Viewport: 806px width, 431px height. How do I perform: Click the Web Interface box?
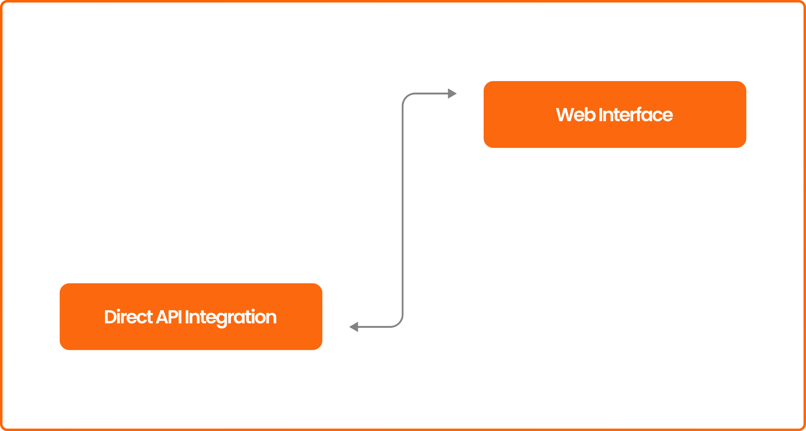[x=615, y=115]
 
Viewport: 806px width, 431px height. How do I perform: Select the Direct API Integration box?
[x=191, y=316]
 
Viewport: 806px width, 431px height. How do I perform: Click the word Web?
[x=575, y=115]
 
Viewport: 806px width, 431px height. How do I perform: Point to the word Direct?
[x=128, y=317]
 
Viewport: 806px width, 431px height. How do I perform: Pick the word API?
[x=169, y=317]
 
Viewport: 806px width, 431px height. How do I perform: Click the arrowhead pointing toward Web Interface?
[x=452, y=94]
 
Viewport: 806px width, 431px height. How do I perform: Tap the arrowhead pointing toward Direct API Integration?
[x=354, y=327]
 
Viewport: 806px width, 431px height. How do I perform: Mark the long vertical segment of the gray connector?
[x=403, y=210]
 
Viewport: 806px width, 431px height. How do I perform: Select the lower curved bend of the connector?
[x=399, y=323]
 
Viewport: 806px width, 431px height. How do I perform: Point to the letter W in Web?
[x=565, y=115]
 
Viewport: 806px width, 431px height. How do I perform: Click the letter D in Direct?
[x=110, y=317]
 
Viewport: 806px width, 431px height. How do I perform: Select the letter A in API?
[x=163, y=317]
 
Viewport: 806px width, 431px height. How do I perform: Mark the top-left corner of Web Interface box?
[x=484, y=81]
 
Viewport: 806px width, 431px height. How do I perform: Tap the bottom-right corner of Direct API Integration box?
[x=322, y=350]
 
